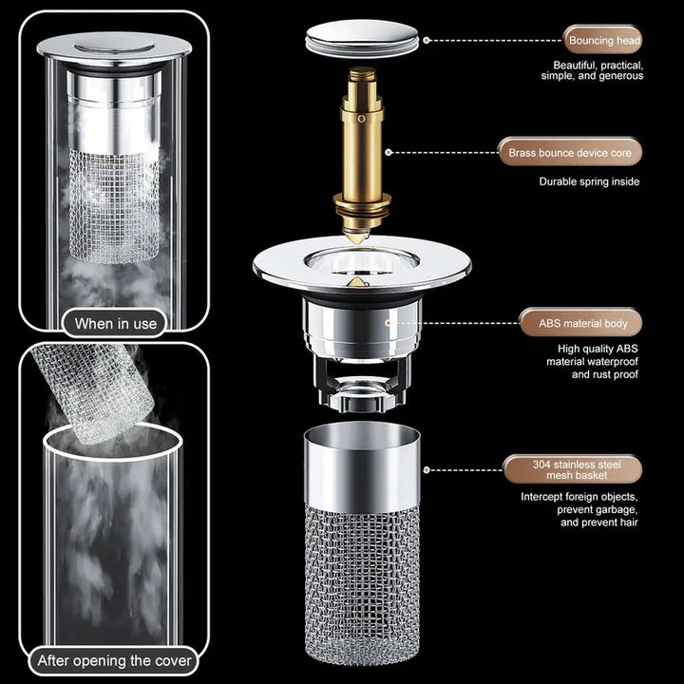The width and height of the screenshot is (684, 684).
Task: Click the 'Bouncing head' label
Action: tap(604, 41)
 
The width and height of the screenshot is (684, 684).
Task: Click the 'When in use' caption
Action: tap(116, 323)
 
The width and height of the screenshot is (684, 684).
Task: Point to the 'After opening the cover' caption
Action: tap(114, 659)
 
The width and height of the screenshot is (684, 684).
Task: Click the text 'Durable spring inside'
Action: tap(589, 181)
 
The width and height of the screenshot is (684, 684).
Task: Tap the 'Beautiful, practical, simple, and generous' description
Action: tap(592, 70)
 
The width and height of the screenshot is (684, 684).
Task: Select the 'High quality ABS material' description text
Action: tap(592, 361)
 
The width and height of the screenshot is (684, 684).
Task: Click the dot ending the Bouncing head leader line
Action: tap(427, 41)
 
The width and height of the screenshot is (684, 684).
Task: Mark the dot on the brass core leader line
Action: tap(388, 151)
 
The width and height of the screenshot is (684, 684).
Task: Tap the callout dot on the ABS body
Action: tap(388, 323)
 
